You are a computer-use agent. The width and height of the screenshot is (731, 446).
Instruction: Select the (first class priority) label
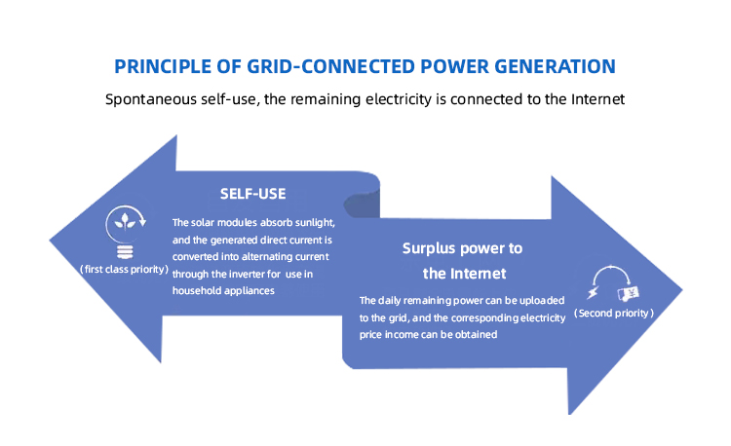pos(124,268)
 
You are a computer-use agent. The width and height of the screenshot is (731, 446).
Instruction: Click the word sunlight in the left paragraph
pos(311,223)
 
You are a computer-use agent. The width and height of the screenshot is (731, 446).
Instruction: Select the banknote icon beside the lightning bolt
pos(627,293)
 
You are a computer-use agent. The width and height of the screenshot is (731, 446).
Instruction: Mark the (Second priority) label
pos(613,314)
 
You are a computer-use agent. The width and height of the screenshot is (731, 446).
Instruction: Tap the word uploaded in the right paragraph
pos(542,301)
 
